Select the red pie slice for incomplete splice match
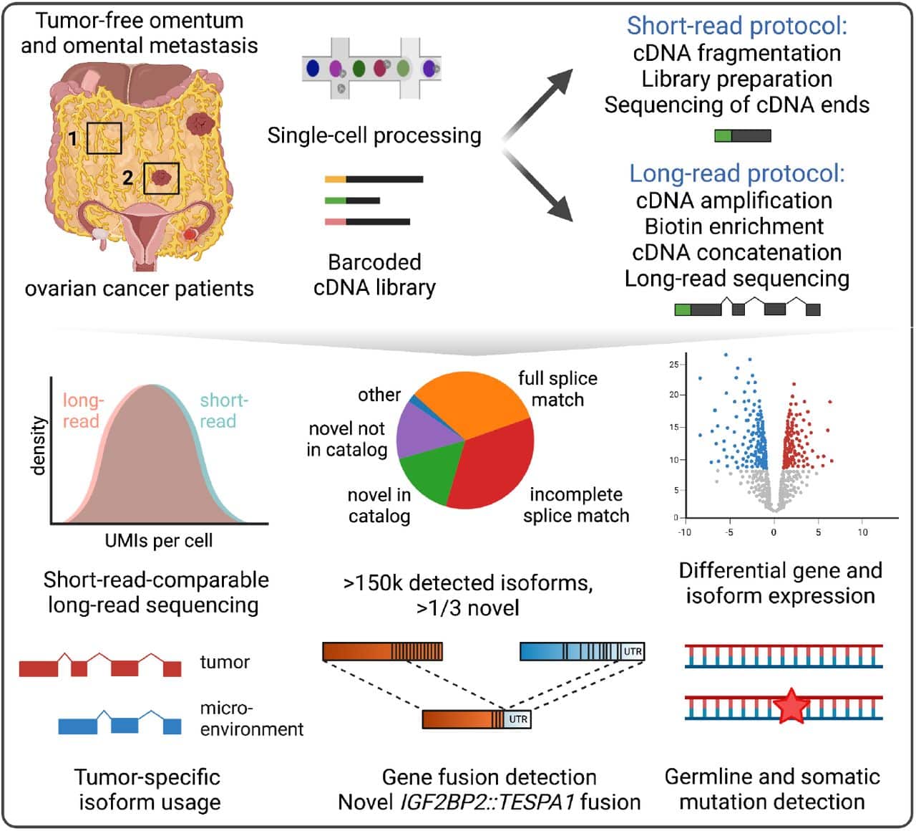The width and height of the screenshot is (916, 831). (494, 466)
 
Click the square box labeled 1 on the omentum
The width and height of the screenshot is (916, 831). (104, 138)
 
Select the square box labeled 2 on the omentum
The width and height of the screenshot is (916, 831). (161, 178)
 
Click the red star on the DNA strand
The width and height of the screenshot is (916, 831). (791, 706)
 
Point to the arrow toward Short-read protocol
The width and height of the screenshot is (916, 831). (540, 100)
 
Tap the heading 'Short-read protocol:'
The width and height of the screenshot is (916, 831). (736, 26)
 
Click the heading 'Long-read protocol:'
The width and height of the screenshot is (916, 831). (736, 173)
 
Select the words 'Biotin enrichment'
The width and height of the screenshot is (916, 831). (734, 226)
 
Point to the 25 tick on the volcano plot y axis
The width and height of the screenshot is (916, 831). (673, 365)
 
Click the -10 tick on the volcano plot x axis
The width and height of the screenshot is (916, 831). (684, 532)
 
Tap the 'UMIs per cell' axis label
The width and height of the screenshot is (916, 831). (159, 541)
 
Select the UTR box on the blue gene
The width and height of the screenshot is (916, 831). (633, 651)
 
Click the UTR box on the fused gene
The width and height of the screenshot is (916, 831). (518, 719)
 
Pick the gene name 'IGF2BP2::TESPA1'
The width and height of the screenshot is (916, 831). (456, 802)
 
